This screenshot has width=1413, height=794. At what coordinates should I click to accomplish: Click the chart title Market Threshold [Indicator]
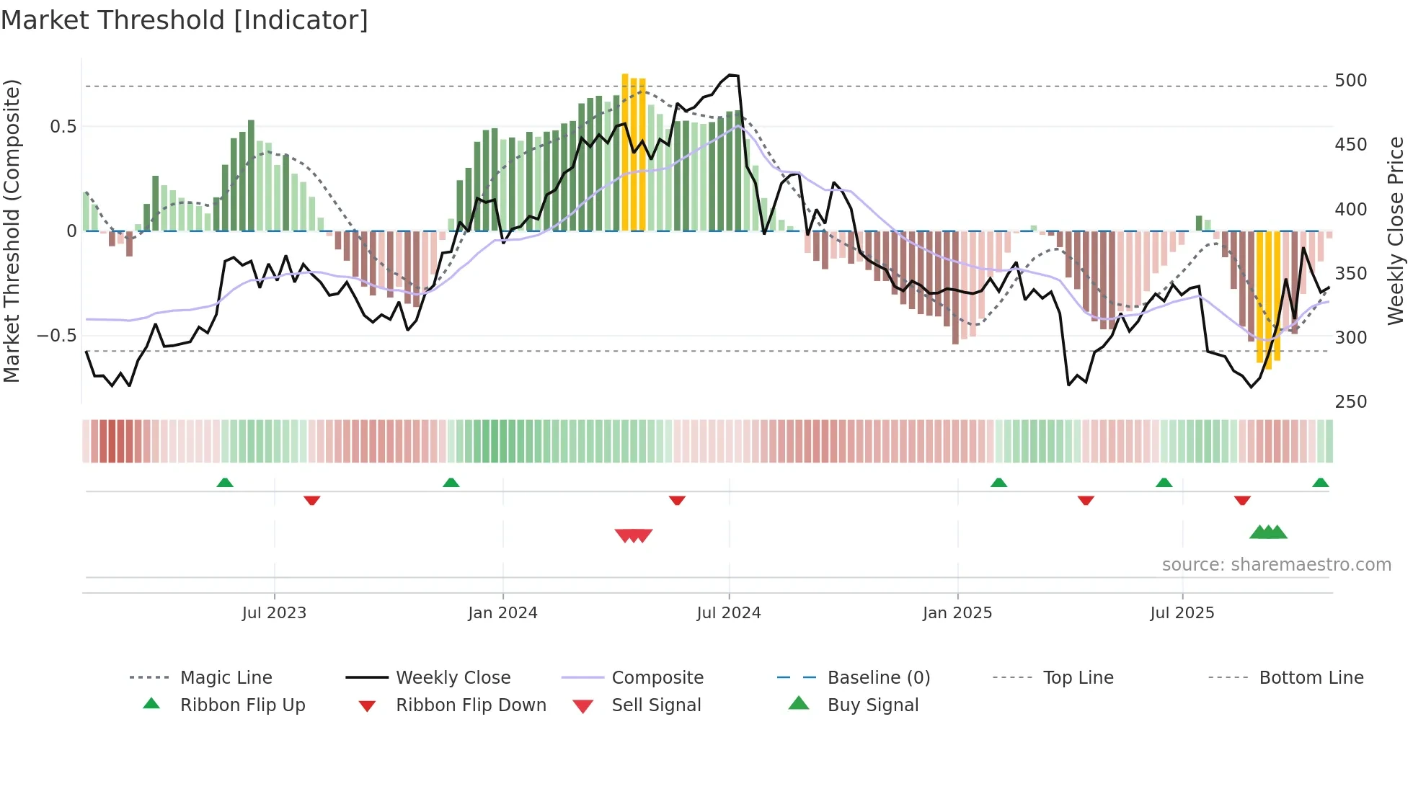(x=185, y=20)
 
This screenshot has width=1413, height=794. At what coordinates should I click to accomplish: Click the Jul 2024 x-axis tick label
(x=728, y=612)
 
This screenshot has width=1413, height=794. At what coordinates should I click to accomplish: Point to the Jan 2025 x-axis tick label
(x=957, y=612)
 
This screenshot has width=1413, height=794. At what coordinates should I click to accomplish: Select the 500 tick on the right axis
(x=1350, y=80)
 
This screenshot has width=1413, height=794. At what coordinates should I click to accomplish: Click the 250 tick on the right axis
(x=1350, y=401)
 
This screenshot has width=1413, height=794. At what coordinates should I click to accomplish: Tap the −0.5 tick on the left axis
(x=56, y=335)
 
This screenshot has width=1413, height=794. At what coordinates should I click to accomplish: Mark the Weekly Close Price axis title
(x=1396, y=231)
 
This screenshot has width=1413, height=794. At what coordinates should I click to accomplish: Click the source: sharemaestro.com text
(x=1276, y=564)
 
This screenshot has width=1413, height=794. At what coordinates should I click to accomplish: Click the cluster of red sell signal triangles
(x=634, y=535)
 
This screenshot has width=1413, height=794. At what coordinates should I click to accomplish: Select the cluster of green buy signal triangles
(x=1268, y=532)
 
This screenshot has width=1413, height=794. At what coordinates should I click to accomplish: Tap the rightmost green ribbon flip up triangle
(x=1320, y=483)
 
